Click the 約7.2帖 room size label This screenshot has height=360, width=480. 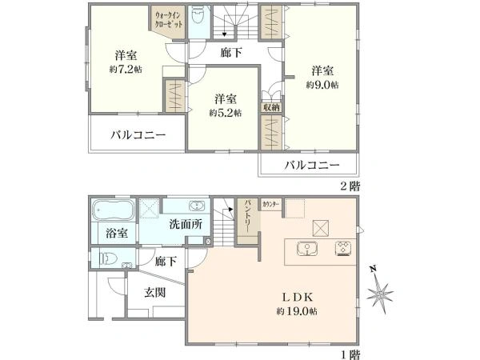tap(126, 70)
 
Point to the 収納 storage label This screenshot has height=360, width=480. tap(270, 106)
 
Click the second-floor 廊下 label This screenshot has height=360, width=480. tap(232, 54)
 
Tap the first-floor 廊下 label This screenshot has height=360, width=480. tap(166, 261)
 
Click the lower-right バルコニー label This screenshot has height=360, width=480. tap(312, 165)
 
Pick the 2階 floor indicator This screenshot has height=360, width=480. tap(350, 185)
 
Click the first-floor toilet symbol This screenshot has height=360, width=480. tap(109, 258)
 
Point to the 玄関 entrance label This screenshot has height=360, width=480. tap(155, 293)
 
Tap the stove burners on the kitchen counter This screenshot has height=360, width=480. tap(345, 248)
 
